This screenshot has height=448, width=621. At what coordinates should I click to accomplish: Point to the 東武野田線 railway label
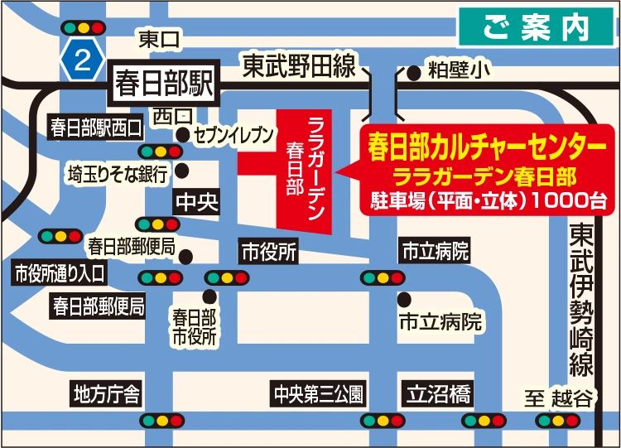coord(299,65)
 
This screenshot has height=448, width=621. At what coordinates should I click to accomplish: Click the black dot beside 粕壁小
coord(414,73)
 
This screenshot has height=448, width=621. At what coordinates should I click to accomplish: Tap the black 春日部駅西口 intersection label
coord(96,128)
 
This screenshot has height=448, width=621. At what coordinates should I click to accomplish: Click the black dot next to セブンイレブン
coord(182,134)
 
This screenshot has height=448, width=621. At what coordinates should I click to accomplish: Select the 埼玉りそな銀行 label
coord(118,174)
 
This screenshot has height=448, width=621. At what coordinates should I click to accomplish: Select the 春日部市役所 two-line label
coord(195,327)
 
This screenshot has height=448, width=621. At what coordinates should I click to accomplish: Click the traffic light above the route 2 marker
coord(81,26)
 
